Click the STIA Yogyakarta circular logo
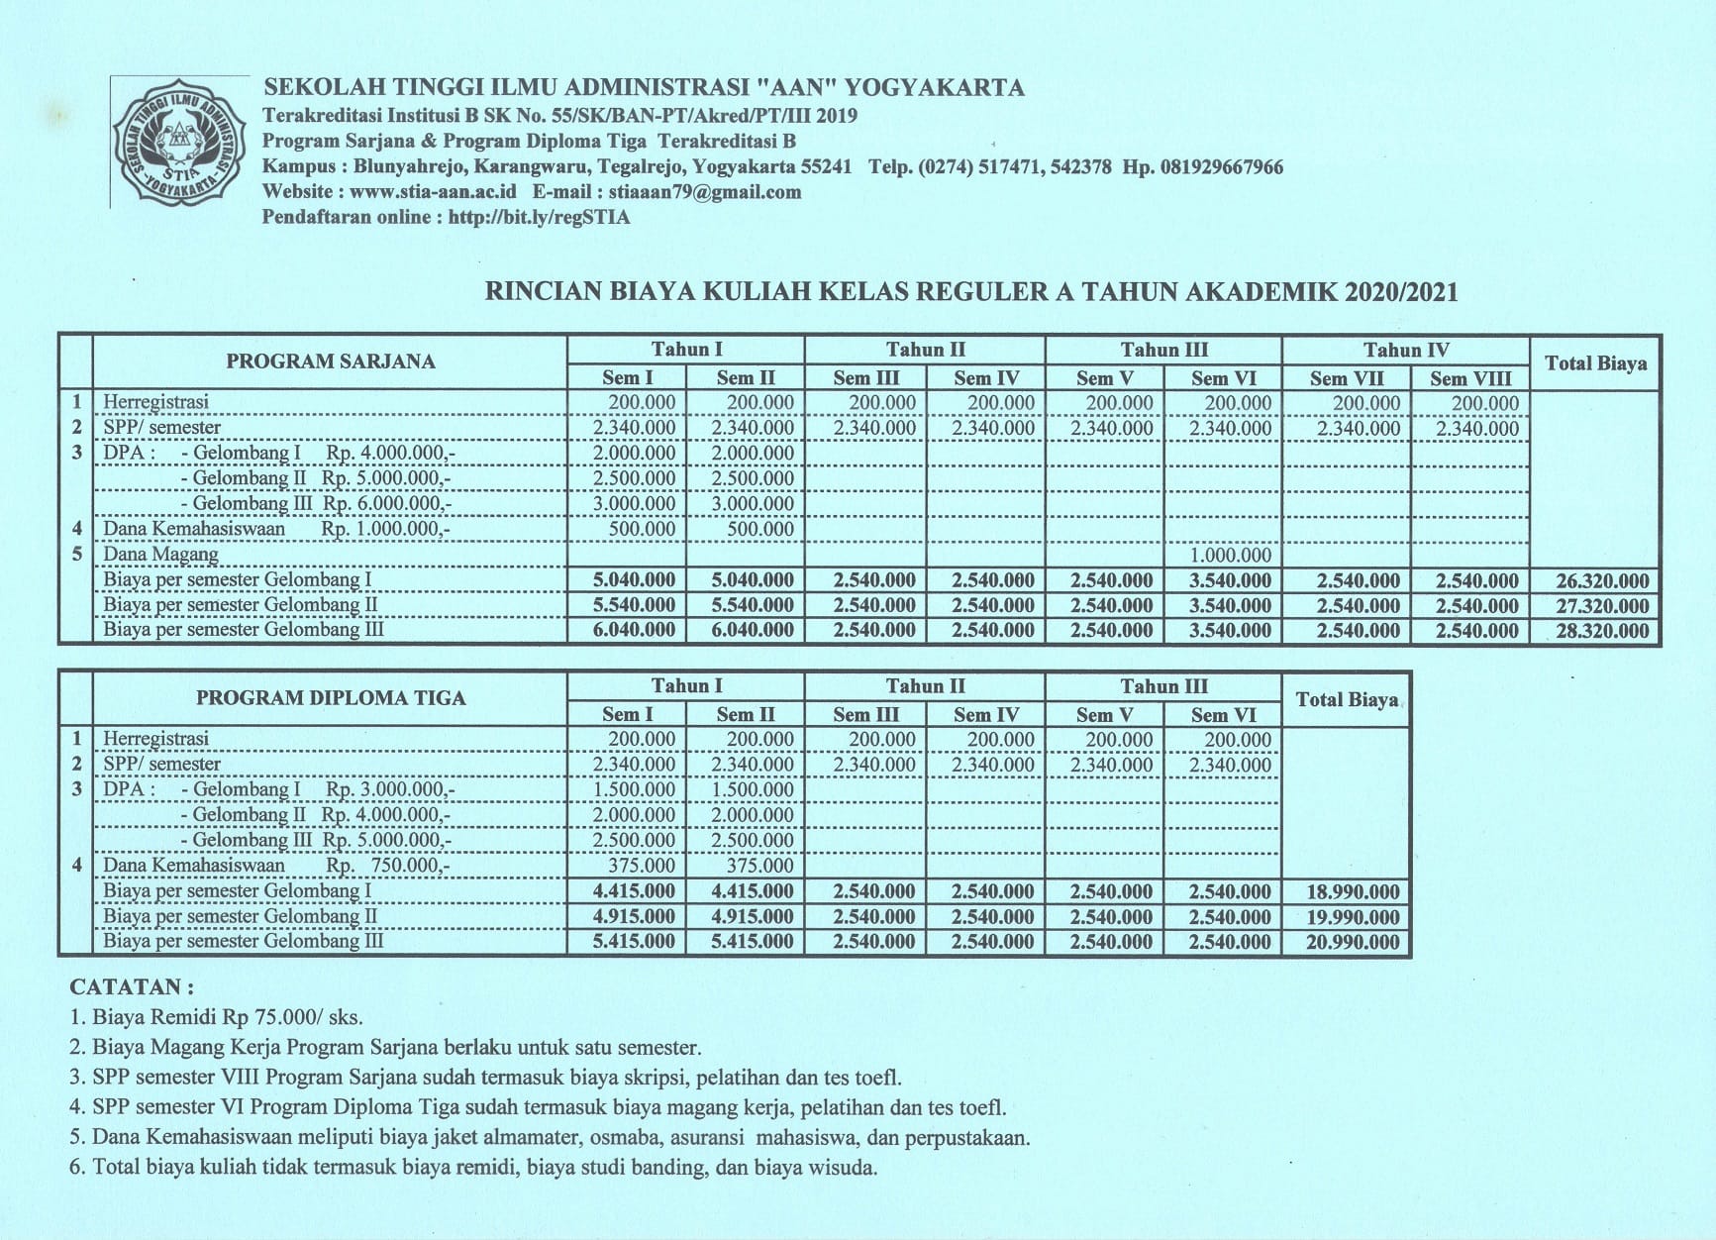click(x=180, y=143)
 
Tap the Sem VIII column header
click(x=1469, y=378)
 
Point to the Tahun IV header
click(x=1405, y=350)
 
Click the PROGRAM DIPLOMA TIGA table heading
click(x=330, y=698)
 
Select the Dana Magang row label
click(x=160, y=555)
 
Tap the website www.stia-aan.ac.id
click(x=433, y=192)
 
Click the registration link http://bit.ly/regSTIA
click(x=539, y=218)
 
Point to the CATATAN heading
click(x=131, y=987)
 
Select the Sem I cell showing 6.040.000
click(x=634, y=631)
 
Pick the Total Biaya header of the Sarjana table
click(x=1595, y=363)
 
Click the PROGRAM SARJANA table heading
click(x=330, y=362)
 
